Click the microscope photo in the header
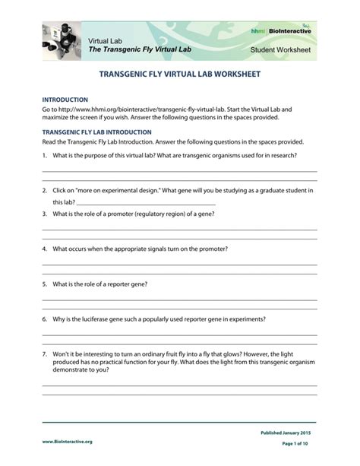[x=62, y=40]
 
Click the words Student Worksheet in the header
[x=280, y=50]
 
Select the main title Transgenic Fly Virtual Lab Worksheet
[x=180, y=76]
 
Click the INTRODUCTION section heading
[x=65, y=100]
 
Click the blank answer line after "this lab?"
[x=146, y=204]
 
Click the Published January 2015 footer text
[x=289, y=433]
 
